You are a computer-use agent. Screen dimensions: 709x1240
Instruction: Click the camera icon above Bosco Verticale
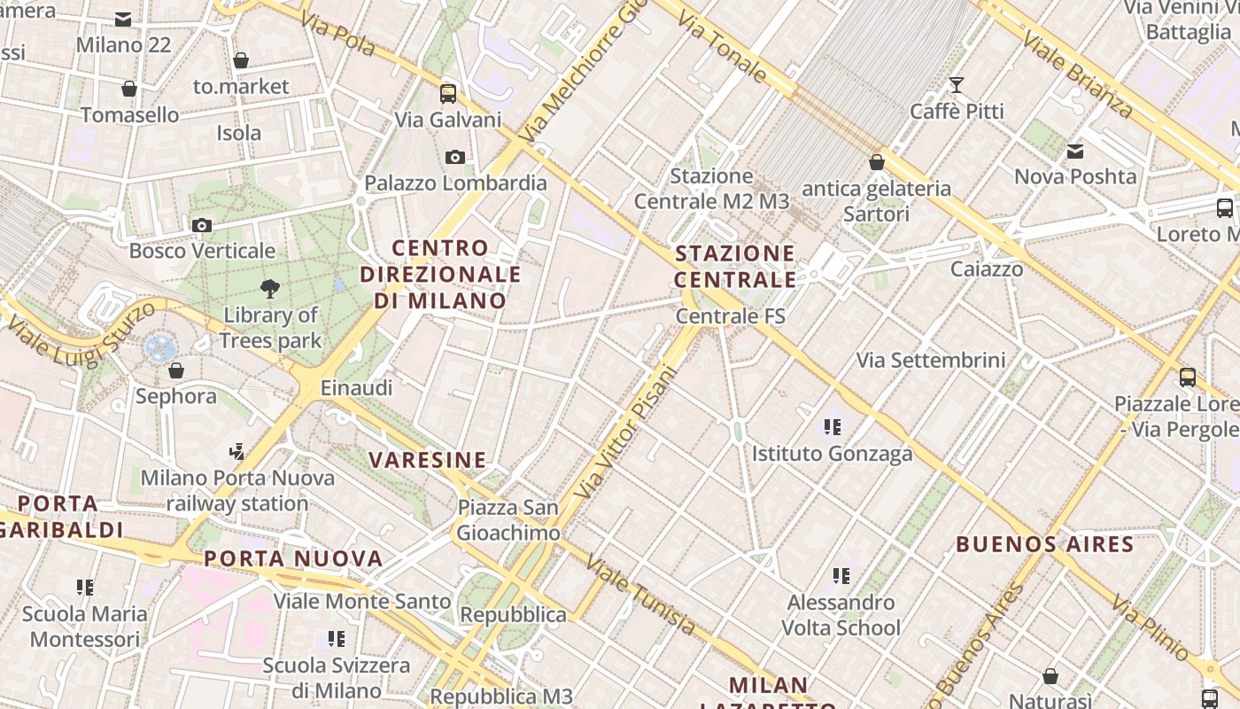click(x=202, y=225)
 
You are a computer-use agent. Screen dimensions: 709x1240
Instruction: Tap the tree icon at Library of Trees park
click(x=270, y=288)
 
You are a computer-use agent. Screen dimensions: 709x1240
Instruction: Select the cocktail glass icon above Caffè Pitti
click(x=957, y=85)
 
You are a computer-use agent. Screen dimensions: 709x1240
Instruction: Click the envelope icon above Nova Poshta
click(x=1075, y=152)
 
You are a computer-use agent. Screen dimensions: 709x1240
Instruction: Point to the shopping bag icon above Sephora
click(x=176, y=370)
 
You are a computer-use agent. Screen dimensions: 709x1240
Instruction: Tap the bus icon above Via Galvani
click(x=448, y=93)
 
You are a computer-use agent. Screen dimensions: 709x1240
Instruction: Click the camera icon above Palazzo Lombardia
click(x=455, y=158)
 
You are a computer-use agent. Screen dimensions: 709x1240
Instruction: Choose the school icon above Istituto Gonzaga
click(x=832, y=428)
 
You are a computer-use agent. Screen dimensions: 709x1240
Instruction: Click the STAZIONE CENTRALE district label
click(x=735, y=267)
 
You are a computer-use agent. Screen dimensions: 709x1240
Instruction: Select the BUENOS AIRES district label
click(x=1045, y=544)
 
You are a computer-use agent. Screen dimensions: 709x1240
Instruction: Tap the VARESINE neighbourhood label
click(x=428, y=460)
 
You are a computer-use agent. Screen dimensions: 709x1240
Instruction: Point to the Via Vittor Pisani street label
click(x=625, y=432)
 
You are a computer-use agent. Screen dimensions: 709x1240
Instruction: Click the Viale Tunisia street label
click(x=640, y=596)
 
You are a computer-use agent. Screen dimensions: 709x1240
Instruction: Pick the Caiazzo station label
click(x=987, y=269)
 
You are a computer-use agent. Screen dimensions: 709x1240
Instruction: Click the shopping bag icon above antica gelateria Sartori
click(x=877, y=162)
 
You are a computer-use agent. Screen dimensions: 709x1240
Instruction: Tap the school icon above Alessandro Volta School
click(x=841, y=577)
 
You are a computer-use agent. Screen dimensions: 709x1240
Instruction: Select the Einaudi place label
click(x=356, y=387)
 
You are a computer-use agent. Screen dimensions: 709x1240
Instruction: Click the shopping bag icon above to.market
click(x=241, y=60)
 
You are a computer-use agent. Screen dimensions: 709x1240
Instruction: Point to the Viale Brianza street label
click(x=1076, y=74)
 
